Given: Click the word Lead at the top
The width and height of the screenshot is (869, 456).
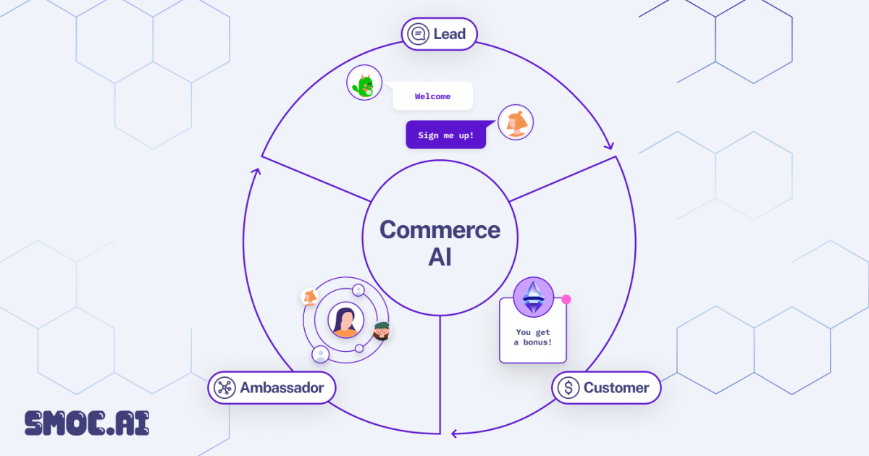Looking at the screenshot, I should coord(450,34).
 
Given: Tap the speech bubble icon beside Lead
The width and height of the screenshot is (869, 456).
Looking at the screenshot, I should coord(418,34).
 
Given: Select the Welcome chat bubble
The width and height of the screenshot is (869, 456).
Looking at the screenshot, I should coord(432,96).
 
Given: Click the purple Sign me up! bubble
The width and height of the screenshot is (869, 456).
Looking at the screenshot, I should coord(445,135).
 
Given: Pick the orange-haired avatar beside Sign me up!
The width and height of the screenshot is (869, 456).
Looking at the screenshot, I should coord(516,122).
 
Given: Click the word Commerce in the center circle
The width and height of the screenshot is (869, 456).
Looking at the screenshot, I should coord(440,230).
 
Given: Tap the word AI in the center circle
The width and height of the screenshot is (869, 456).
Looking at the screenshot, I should coord(440,257).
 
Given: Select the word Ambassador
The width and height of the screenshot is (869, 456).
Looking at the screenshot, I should coord(282,388).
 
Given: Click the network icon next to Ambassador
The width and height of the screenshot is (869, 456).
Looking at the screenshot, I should coord(224,388).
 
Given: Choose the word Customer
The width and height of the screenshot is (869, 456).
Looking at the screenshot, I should coord(616,388).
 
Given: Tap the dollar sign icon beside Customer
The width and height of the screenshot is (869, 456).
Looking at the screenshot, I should coord(568,388).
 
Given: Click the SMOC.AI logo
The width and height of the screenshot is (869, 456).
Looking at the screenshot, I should coord(87,423).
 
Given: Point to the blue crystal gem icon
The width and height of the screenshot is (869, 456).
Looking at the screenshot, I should coord(534,297).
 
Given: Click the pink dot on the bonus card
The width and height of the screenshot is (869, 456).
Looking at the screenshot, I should coord(566,299).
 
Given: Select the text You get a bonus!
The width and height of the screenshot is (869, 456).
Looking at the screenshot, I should coord(533,337).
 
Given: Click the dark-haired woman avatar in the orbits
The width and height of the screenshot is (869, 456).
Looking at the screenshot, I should coord(345,321).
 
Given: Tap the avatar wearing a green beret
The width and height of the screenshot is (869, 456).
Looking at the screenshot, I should coord(382,332).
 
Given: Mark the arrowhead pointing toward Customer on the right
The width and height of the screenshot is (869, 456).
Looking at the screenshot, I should coord(609,145).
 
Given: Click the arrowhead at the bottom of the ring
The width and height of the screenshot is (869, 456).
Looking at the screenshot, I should coord(454,434).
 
